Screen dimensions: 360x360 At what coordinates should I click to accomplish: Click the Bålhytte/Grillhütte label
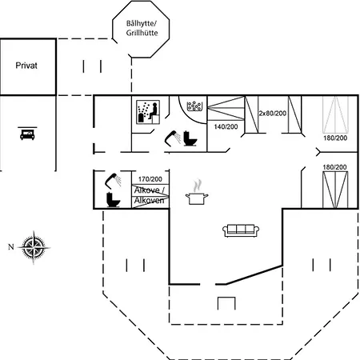coord(142,28)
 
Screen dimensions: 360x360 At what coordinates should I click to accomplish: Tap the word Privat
coord(26,66)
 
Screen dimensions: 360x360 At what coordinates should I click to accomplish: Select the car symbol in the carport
coord(27,134)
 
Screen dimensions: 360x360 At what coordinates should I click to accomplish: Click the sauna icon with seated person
coord(148,112)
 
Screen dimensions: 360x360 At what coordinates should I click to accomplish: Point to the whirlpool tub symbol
coord(194,106)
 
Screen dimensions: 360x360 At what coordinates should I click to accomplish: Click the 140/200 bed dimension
coord(226,126)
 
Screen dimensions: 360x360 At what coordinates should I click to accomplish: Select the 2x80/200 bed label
coord(273,114)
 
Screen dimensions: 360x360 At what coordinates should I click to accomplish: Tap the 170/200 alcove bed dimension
coord(150,179)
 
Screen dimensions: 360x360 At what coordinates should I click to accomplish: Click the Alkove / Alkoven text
coord(150,195)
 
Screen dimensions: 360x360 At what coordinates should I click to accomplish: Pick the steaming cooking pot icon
coord(197,193)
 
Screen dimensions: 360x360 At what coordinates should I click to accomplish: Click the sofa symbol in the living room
coord(241,230)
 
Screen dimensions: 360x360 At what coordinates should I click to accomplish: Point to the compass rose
coord(34,247)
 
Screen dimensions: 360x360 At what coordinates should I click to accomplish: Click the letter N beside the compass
coord(11,247)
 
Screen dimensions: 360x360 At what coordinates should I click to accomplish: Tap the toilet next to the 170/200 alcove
coord(113,200)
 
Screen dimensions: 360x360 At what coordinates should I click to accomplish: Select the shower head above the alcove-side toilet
coord(114,180)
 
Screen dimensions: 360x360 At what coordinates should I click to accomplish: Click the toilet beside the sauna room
coord(190,138)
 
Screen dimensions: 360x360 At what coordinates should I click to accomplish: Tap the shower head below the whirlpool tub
coord(173,138)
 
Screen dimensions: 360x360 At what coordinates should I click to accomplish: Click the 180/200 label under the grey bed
coord(335,138)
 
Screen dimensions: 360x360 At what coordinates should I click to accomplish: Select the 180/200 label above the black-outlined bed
coord(334,167)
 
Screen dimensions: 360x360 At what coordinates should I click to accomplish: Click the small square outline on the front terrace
coord(226,303)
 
